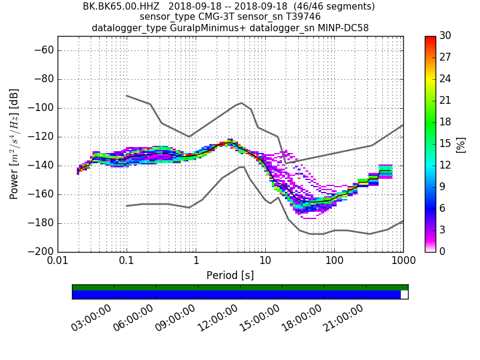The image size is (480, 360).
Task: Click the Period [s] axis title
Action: click(x=230, y=275)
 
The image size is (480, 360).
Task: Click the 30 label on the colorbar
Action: click(x=445, y=36)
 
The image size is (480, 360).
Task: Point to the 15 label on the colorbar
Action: click(x=445, y=143)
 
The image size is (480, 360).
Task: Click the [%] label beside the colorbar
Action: click(x=461, y=144)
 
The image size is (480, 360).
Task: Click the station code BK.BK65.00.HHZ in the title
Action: click(x=121, y=7)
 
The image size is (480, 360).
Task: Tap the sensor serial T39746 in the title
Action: click(x=293, y=17)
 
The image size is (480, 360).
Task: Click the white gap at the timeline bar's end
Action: click(x=404, y=295)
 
